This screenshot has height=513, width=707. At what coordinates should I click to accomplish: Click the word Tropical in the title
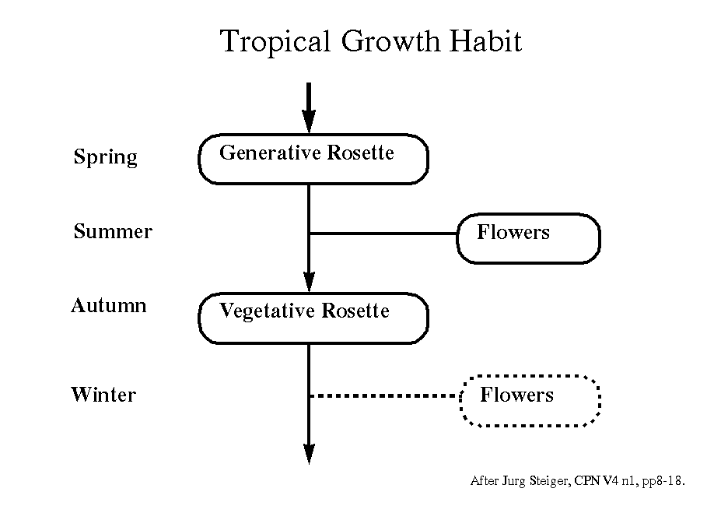coord(275,42)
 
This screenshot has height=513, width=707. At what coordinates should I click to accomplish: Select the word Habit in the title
coord(486,41)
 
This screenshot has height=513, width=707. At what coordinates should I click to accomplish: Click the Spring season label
coord(106,157)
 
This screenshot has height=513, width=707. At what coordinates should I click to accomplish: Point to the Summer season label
coord(113,231)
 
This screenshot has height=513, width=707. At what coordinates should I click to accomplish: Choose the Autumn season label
coord(109,305)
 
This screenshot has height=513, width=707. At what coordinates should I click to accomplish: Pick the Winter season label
coord(103,395)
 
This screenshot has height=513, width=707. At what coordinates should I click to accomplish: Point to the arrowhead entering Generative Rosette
coord(309,121)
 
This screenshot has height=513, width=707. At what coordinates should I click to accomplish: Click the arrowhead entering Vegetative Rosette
coord(309,282)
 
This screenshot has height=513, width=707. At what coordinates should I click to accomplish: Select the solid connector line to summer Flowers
coord(383,234)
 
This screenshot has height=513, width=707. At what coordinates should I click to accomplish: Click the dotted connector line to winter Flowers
coord(384,395)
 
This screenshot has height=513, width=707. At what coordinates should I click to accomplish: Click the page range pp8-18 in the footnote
coord(663,481)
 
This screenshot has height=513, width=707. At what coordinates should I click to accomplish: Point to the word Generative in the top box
coord(270,153)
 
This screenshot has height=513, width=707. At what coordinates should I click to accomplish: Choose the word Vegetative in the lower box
coord(267,311)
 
